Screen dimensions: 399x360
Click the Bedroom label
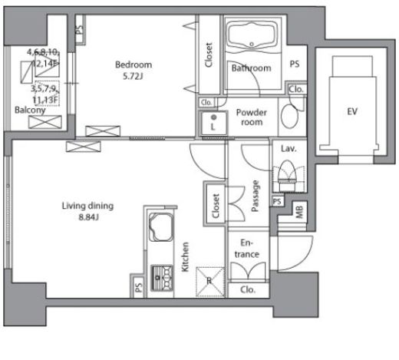click(x=134, y=64)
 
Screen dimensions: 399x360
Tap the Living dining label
click(x=87, y=206)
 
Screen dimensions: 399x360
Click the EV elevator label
click(x=352, y=111)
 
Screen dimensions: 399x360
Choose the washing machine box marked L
click(x=213, y=123)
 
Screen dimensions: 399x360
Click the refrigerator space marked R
click(x=210, y=282)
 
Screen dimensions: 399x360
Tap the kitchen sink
click(x=161, y=227)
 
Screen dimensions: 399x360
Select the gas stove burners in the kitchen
click(x=162, y=278)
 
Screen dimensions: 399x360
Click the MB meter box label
click(x=299, y=212)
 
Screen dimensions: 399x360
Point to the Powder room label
click(x=252, y=117)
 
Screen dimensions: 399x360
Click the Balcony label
click(x=30, y=110)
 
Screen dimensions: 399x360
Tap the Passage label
click(x=255, y=197)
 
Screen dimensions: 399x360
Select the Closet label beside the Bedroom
click(x=209, y=55)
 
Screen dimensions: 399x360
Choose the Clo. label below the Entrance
click(x=248, y=290)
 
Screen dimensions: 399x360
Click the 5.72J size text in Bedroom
click(x=133, y=76)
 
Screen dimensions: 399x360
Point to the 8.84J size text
click(x=88, y=217)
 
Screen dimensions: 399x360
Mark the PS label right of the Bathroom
click(x=295, y=64)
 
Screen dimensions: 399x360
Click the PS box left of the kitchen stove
click(x=139, y=287)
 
